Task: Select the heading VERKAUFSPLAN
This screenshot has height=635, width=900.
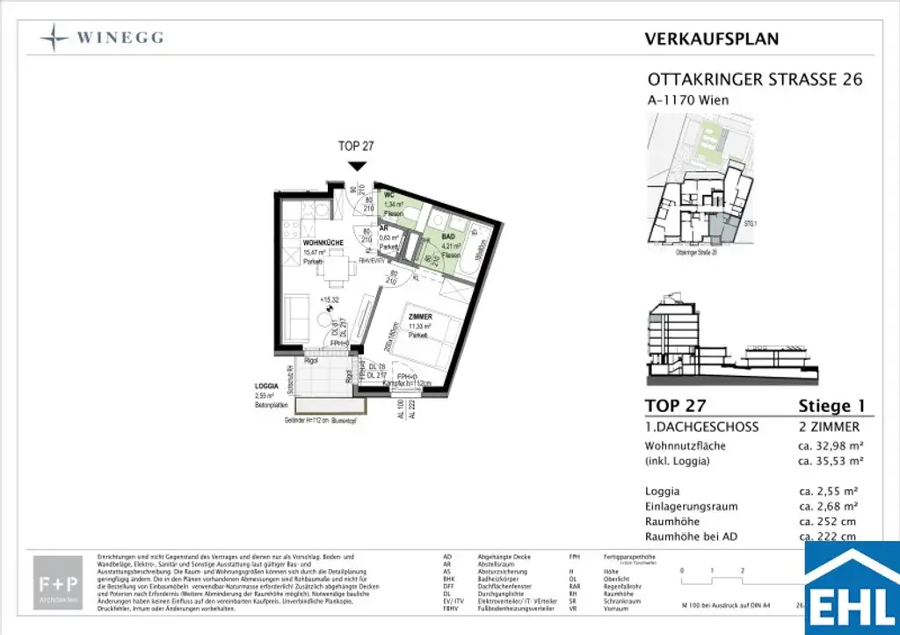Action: tap(711, 39)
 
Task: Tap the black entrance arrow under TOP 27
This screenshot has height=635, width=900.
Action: tap(356, 166)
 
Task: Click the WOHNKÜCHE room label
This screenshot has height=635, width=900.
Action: tap(323, 242)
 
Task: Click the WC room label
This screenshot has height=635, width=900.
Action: tap(388, 195)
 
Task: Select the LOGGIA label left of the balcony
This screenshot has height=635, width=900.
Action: tap(266, 385)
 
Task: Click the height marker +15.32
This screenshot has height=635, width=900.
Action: tap(330, 299)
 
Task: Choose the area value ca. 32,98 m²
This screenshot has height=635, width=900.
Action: tap(829, 445)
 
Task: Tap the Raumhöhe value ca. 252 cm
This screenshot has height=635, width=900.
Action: tap(826, 521)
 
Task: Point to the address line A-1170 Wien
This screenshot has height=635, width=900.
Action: tap(688, 100)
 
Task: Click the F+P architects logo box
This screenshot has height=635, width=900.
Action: tap(58, 582)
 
